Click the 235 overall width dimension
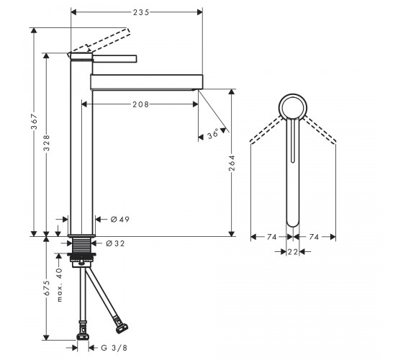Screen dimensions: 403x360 point(141,12)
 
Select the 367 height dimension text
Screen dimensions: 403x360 point(35,122)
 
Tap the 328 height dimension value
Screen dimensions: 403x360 point(47,143)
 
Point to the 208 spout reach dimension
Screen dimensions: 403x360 point(140,104)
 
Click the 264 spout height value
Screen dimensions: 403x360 point(232,163)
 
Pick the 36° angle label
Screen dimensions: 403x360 point(213,134)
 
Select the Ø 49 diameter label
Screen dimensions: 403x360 point(119,220)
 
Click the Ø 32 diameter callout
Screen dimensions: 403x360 point(115,243)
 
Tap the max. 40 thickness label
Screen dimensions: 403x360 point(59,284)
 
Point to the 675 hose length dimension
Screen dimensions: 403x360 point(47,288)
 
